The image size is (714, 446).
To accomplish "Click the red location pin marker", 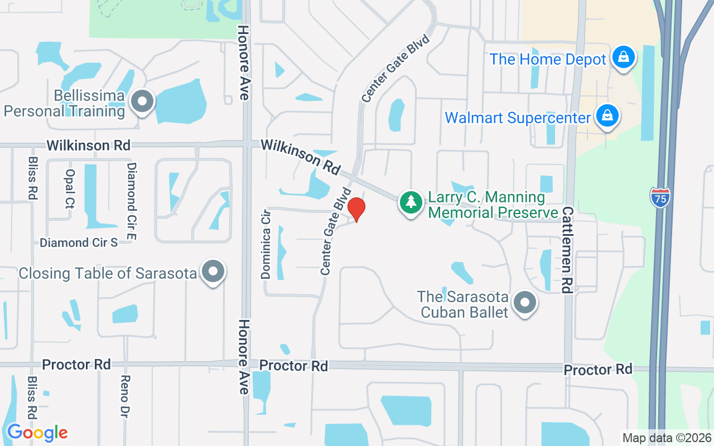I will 356,209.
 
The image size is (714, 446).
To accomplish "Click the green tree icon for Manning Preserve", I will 411,202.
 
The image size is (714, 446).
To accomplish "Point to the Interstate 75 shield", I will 660,198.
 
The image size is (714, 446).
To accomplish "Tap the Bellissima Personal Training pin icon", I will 142,102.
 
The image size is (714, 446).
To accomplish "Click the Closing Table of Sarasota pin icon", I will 213,272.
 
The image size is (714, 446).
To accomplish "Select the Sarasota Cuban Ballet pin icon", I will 524,303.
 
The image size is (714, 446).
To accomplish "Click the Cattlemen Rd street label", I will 567,249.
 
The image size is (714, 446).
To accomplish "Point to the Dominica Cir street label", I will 266,244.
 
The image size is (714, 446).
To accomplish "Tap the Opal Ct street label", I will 70,188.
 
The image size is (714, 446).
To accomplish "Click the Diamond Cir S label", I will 79,243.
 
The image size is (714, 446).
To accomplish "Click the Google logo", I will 37,432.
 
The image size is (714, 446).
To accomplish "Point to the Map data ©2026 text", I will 667,438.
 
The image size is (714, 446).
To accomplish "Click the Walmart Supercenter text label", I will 517,118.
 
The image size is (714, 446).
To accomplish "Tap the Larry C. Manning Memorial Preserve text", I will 493,205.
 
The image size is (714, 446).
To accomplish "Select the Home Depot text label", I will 548,60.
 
